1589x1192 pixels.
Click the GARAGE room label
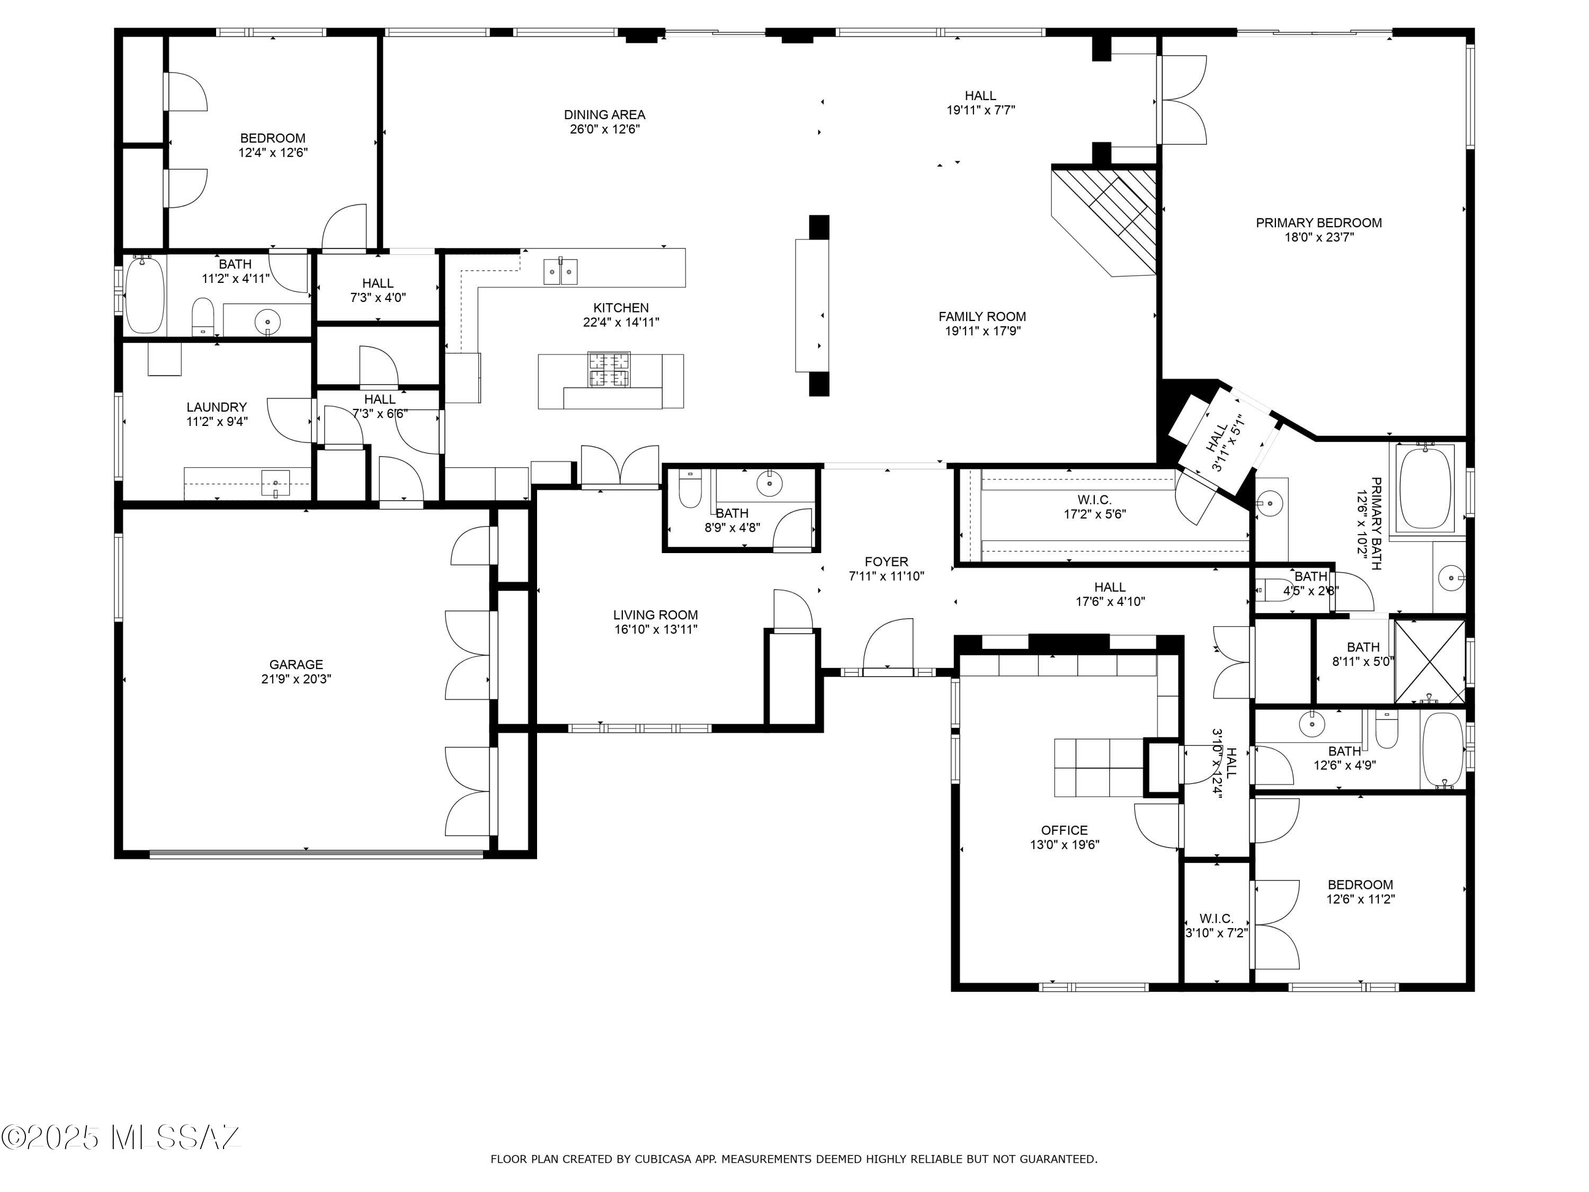(x=296, y=665)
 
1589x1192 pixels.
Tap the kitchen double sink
(x=560, y=272)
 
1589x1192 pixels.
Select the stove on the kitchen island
(x=609, y=370)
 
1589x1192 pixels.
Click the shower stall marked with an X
(x=1430, y=661)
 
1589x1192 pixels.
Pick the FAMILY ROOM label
(x=982, y=316)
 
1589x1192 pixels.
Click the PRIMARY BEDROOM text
(x=1319, y=223)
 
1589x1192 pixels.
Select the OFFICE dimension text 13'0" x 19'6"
(x=1065, y=845)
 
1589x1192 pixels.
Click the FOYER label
(x=887, y=561)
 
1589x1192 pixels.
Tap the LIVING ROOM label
(x=655, y=615)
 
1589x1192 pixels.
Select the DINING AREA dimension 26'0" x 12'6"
(x=605, y=129)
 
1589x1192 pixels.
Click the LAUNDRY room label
(x=216, y=407)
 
